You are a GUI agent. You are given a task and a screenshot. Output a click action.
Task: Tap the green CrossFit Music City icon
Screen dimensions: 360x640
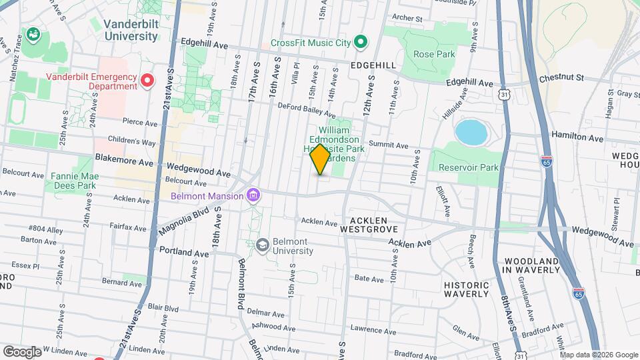361,43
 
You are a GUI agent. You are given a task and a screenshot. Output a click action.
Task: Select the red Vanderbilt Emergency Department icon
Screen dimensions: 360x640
148,81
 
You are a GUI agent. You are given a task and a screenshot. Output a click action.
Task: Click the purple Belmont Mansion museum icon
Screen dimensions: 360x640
253,196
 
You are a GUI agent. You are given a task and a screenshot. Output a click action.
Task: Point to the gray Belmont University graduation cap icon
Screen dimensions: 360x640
263,245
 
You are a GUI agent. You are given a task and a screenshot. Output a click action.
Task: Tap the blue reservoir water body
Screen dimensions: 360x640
471,133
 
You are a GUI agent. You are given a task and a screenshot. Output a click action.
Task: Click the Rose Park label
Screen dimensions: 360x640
433,54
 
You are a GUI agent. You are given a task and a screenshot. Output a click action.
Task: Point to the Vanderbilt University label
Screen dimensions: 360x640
130,30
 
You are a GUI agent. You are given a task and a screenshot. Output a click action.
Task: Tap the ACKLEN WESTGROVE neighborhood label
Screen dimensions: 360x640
364,224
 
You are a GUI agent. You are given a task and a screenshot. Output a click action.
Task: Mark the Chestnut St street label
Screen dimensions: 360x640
561,78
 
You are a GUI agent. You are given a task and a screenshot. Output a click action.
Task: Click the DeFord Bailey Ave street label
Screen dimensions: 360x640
297,110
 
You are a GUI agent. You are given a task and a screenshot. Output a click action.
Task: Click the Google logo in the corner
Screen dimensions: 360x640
22,351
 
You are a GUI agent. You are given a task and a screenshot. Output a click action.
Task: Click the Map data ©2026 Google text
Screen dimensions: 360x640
598,354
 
